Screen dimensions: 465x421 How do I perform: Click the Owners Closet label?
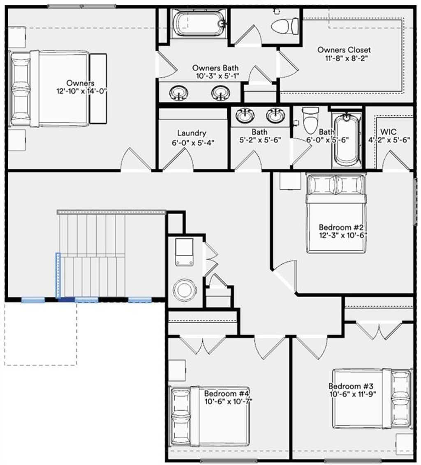tap(344, 50)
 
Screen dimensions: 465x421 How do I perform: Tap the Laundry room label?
tap(191, 133)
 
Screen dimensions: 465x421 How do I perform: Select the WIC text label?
tap(389, 132)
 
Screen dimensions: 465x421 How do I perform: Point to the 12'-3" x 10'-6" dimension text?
tap(342, 235)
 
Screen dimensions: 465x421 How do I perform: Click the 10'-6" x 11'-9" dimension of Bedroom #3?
tap(352, 394)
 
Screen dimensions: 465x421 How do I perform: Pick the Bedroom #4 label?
tap(227, 393)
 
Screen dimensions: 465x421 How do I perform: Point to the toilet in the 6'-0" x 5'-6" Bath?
tap(310, 119)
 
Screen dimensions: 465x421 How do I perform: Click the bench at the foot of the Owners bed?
tap(98, 88)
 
